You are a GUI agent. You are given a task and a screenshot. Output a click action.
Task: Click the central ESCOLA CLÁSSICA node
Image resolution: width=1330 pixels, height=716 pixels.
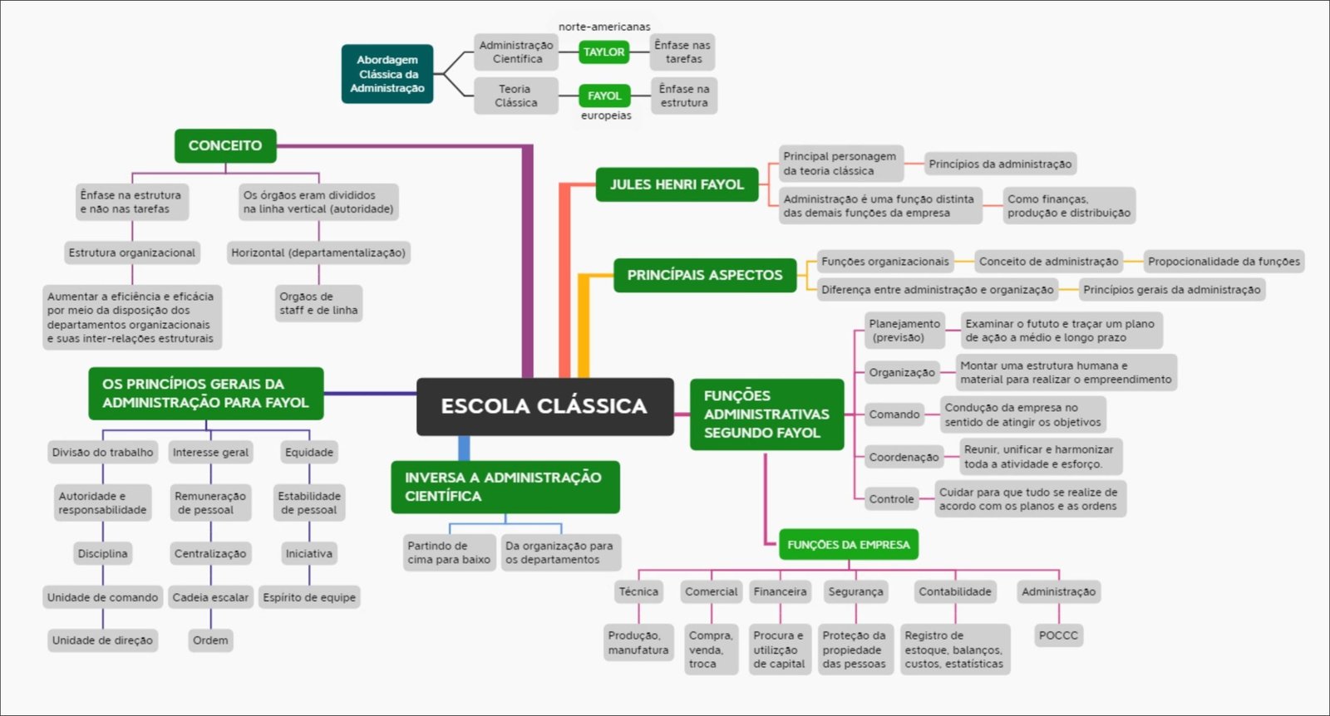544,406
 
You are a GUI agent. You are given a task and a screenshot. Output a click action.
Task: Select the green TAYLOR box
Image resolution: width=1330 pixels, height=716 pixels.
603,51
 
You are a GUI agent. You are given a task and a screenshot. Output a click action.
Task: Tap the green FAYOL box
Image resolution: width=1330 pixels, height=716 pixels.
604,96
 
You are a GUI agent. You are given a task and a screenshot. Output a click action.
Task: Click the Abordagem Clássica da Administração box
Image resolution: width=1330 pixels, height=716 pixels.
387,74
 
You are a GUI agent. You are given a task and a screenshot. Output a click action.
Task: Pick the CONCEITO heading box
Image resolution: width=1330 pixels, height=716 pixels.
225,145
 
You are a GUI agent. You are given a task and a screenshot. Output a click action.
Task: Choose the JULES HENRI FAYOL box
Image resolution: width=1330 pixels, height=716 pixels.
677,184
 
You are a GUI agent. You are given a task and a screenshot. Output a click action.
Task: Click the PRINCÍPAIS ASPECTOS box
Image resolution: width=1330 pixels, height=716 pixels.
705,275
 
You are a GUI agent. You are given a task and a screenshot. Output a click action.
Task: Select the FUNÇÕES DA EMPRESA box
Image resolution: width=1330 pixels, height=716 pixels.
849,545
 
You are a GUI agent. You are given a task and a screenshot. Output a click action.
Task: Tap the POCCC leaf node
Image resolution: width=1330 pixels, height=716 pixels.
1058,635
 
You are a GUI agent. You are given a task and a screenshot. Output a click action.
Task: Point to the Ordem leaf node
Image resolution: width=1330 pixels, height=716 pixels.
210,640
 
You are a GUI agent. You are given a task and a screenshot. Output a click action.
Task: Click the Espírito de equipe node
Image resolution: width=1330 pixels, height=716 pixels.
309,597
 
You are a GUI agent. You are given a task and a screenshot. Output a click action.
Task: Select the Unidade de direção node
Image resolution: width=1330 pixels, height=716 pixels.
102,640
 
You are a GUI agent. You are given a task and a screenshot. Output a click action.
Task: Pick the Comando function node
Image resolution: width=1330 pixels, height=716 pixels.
894,414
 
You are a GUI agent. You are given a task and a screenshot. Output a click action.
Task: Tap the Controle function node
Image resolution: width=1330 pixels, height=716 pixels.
891,499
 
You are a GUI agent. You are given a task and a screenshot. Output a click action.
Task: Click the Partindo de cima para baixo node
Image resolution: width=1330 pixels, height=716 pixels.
449,552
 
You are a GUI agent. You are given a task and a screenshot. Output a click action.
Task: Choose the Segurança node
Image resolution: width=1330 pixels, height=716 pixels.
855,591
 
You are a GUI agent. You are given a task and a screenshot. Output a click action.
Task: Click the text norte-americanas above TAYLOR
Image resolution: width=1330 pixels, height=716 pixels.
604,27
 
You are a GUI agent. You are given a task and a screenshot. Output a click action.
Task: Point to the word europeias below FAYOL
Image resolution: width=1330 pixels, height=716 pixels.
606,115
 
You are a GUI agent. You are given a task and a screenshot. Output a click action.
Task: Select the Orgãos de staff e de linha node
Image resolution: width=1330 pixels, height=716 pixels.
318,303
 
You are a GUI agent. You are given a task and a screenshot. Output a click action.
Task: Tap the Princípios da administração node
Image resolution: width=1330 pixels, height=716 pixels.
1000,164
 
